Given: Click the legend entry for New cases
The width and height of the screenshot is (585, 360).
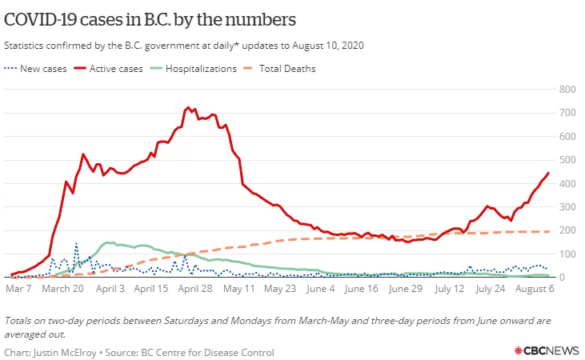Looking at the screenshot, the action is (x=35, y=69).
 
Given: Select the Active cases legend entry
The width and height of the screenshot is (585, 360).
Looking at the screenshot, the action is (x=108, y=69).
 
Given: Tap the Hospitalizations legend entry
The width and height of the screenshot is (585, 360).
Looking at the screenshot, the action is (x=193, y=69).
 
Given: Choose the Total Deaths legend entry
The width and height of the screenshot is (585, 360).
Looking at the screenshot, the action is (x=279, y=69).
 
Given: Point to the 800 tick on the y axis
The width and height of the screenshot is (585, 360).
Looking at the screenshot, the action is (x=567, y=89).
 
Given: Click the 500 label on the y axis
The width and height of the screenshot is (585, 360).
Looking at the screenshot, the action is (x=567, y=160).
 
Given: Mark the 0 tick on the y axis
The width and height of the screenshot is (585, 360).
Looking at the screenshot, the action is (x=562, y=277).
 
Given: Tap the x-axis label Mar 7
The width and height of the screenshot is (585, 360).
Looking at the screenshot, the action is (x=18, y=289).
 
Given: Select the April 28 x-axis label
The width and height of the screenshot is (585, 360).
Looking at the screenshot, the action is (x=194, y=289).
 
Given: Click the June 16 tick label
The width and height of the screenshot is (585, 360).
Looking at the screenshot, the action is (x=361, y=289).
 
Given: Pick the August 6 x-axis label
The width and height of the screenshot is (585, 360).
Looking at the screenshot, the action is (x=535, y=289).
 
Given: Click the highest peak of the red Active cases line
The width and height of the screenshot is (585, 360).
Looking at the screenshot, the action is (x=188, y=107).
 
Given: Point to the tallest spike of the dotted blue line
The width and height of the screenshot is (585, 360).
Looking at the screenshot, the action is (x=76, y=243).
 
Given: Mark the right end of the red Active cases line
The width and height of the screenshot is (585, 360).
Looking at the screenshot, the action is (x=548, y=173).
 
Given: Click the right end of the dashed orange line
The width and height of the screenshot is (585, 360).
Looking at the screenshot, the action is (x=549, y=232).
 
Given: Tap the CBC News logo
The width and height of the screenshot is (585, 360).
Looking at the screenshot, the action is (x=547, y=350).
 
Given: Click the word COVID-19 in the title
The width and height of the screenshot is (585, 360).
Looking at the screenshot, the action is (x=40, y=19).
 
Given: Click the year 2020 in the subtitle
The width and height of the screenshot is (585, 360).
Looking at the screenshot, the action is (x=353, y=46).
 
